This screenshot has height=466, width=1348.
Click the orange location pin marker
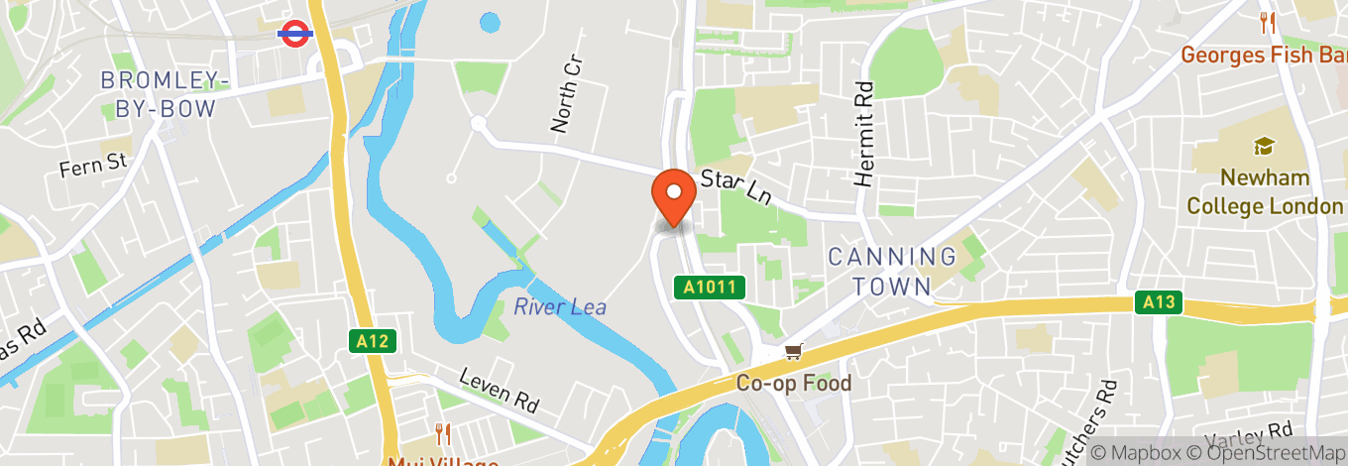[674, 197]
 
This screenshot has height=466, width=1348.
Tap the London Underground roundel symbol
[294, 33]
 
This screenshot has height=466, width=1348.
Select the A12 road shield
[374, 341]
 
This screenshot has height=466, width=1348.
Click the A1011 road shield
[710, 288]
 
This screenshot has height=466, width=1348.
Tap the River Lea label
[560, 306]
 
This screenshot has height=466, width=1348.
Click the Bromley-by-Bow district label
[167, 94]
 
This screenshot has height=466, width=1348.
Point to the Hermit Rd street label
[864, 134]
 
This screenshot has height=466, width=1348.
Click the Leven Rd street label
[499, 390]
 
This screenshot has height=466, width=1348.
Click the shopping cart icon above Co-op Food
[792, 351]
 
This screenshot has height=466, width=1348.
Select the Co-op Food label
[793, 383]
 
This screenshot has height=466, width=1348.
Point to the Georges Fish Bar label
[1264, 55]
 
